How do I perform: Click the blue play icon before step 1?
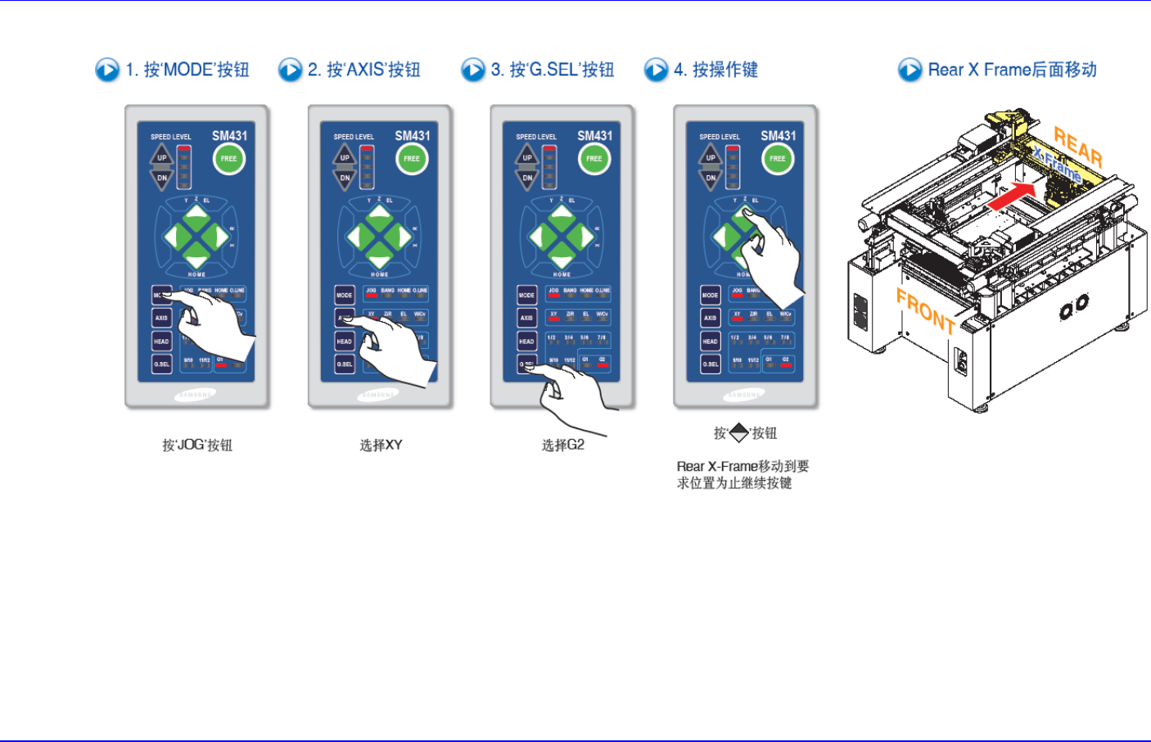(107, 70)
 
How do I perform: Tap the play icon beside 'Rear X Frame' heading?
(910, 70)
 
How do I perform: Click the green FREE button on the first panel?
(229, 158)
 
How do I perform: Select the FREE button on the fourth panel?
(778, 158)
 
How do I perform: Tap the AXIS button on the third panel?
(526, 318)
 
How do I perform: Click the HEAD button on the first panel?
(161, 341)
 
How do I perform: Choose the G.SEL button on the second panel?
(345, 364)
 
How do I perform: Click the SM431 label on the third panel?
(595, 136)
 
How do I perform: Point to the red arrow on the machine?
(1011, 197)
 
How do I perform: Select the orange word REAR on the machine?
(1077, 147)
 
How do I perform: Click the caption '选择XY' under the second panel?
(381, 446)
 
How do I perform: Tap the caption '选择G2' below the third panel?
(563, 445)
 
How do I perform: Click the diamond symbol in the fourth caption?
(739, 432)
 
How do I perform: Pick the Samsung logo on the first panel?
(195, 395)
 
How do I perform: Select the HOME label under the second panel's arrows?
(380, 274)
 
